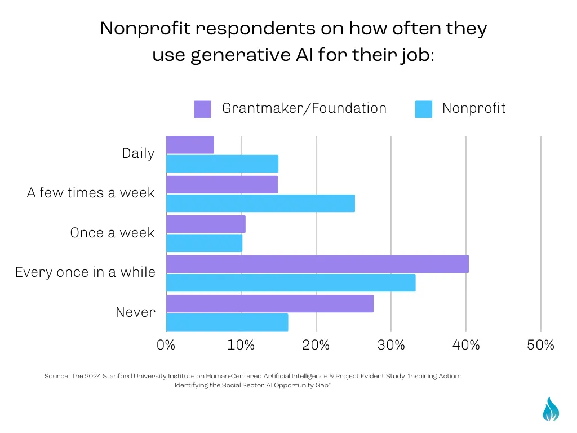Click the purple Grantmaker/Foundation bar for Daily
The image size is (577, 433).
[190, 145]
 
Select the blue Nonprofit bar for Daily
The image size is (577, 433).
[222, 164]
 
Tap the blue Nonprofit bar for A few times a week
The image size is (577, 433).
[260, 203]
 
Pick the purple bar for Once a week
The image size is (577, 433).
[206, 224]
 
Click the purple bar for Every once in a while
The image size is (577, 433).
[317, 264]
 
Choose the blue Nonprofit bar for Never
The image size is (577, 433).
[227, 322]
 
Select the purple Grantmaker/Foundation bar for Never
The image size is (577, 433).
[270, 304]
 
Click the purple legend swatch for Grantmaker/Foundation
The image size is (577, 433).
[202, 109]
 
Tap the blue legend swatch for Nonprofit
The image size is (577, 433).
[424, 109]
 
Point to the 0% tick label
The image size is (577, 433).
[166, 345]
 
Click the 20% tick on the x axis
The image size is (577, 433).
[316, 345]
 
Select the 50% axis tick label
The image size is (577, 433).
[540, 345]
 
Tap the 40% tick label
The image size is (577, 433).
[466, 345]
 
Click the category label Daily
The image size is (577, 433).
[139, 153]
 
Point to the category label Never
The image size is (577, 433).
[135, 312]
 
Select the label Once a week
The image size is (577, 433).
[113, 233]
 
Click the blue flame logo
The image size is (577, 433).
[551, 409]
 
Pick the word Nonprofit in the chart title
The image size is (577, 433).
[145, 29]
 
